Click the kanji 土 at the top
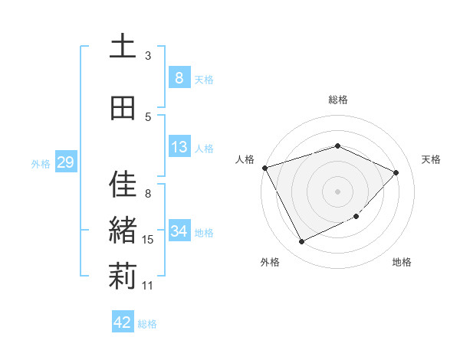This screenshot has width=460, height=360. point(122,47)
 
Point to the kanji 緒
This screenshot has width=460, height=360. point(122,231)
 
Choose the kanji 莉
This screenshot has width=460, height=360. point(122,277)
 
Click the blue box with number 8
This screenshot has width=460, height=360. point(179,77)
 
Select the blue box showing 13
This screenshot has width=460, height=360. point(179,147)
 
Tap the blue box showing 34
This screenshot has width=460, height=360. point(179,231)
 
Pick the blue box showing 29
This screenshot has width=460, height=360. point(65,162)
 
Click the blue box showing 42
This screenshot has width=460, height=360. point(123,322)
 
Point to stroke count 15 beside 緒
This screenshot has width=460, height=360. point(149,240)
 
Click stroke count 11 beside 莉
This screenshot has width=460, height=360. point(148,286)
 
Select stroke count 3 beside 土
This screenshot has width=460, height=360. point(148,55)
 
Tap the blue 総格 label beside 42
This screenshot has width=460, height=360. point(147,324)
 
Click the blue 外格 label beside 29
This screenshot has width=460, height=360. point(41,163)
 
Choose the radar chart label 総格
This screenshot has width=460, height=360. point(338,100)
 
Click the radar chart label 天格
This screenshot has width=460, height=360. point(432,159)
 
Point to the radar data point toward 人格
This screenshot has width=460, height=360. point(264,168)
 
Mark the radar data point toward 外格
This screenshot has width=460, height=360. point(301,242)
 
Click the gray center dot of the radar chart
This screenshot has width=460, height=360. point(338,191)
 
